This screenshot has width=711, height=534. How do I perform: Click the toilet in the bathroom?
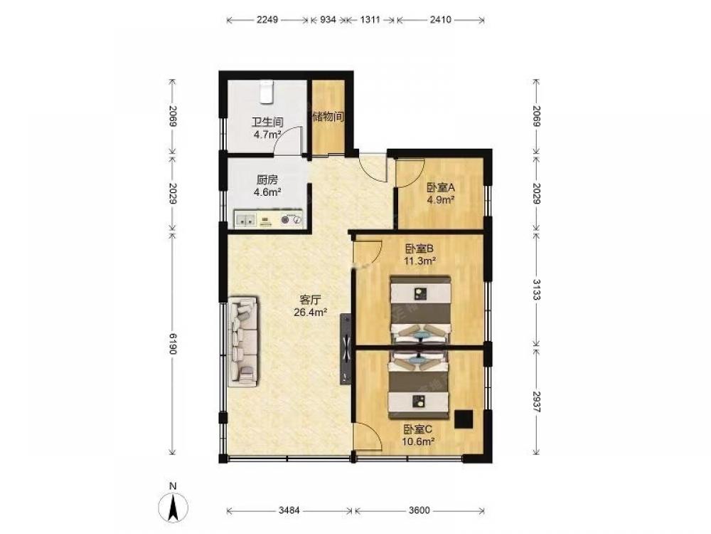(x=267, y=91)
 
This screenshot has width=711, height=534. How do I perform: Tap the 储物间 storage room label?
(x=328, y=117)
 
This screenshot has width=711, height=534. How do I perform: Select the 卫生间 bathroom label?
(x=267, y=122)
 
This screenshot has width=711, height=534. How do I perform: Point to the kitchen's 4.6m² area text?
(x=267, y=192)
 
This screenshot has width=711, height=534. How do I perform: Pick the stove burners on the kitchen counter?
(x=291, y=219)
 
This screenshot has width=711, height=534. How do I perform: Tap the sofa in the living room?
(x=243, y=342)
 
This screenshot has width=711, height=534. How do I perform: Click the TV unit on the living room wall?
(x=346, y=349)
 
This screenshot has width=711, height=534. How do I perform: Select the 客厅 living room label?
(x=311, y=300)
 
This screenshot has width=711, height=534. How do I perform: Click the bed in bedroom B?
(x=421, y=310)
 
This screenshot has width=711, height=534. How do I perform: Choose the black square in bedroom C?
(x=464, y=419)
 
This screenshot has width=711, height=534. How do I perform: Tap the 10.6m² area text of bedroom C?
(x=419, y=441)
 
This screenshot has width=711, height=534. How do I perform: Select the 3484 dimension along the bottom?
(x=289, y=510)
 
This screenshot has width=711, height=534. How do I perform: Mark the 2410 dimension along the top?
(x=440, y=19)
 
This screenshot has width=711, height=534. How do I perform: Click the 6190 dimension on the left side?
(x=173, y=343)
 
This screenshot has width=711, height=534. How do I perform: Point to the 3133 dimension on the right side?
(x=536, y=289)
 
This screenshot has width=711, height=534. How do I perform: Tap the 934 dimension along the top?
(x=328, y=19)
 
